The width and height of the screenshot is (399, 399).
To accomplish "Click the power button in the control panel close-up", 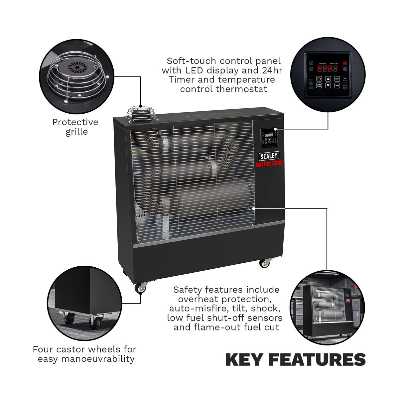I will (x=319, y=79).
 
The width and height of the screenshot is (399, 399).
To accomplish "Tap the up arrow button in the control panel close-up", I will (x=328, y=79).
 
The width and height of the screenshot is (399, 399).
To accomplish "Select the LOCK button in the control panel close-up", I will (x=337, y=79).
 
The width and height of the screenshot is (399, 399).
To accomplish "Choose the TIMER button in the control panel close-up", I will (x=337, y=85).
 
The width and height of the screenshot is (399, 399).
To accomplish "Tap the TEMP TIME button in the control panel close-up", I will (x=319, y=85).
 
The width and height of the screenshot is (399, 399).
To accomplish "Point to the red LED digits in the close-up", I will (x=327, y=69).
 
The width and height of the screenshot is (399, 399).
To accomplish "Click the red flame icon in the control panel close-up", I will (x=345, y=63).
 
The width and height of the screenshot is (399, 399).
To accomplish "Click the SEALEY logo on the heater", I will (x=269, y=156).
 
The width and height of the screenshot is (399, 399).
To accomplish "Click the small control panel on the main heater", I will (x=269, y=138).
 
